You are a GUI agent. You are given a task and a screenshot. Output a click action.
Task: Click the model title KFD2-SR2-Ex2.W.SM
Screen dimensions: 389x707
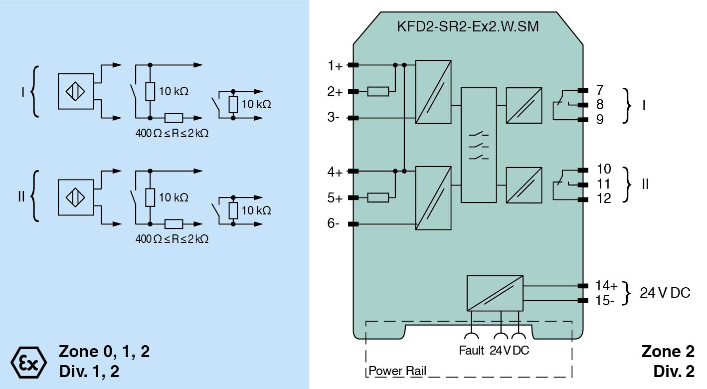click(467, 27)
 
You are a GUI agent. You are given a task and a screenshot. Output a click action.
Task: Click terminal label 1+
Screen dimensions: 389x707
click(335, 65)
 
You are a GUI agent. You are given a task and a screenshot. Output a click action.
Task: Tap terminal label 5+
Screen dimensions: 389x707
click(335, 198)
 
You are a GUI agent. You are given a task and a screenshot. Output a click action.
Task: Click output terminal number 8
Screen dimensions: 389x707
click(599, 105)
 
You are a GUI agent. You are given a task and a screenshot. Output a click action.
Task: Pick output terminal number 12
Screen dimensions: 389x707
click(603, 198)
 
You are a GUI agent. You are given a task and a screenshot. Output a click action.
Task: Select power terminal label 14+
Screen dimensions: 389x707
click(606, 286)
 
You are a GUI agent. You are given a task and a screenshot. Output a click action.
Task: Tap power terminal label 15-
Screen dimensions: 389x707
click(605, 300)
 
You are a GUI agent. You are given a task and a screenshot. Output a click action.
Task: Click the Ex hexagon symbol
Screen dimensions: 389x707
click(28, 362)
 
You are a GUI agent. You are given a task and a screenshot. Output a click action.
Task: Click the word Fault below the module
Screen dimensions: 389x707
click(471, 350)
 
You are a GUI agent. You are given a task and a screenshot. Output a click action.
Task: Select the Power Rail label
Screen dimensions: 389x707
click(397, 371)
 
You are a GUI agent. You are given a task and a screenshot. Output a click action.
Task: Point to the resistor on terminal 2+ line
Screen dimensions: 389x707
click(378, 91)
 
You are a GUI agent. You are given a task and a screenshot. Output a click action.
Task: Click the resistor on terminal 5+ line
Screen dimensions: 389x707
click(378, 198)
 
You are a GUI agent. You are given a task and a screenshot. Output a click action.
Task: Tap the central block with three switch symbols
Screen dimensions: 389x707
click(479, 145)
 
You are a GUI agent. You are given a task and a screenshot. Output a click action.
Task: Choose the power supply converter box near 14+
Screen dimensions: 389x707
click(495, 293)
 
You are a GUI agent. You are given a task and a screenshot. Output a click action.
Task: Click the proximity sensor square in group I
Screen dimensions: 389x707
click(76, 91)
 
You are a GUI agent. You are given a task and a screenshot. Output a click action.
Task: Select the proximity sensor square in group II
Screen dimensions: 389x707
click(76, 197)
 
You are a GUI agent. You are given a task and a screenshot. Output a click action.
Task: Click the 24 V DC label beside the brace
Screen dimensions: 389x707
click(665, 293)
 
